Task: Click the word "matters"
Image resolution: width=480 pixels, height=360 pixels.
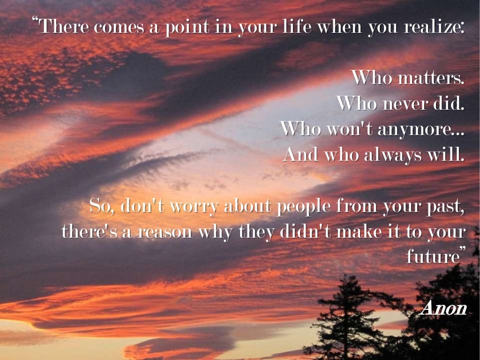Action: (x=430, y=78)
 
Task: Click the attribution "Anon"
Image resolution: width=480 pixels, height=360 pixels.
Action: (x=443, y=308)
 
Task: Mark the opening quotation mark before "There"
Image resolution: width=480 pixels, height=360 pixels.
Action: (x=35, y=21)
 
